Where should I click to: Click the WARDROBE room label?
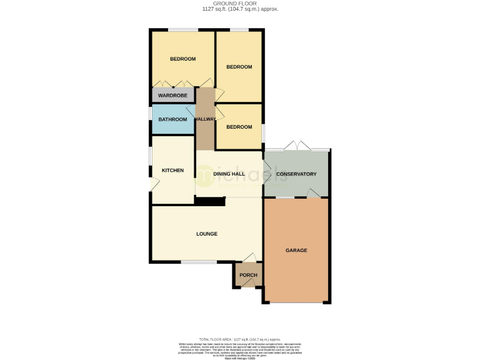(x=172, y=96)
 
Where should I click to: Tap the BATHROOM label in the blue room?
(x=172, y=119)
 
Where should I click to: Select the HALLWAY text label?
(x=205, y=119)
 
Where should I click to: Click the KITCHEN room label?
(x=172, y=171)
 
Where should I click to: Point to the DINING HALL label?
(x=229, y=174)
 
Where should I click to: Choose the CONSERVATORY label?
(x=296, y=174)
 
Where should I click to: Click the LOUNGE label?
(x=206, y=234)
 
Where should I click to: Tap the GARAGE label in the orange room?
(x=296, y=250)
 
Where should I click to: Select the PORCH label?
(x=248, y=275)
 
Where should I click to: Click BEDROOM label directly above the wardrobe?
(x=182, y=59)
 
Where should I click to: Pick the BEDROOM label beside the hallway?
(x=239, y=127)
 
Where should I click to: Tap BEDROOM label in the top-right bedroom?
(x=239, y=67)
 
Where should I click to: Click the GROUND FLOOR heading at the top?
(x=240, y=4)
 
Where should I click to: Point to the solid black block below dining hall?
(x=210, y=201)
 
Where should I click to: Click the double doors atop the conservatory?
(x=297, y=147)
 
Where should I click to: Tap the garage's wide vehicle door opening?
(x=296, y=302)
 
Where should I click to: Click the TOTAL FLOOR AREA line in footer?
(x=240, y=338)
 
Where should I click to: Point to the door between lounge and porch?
(x=249, y=258)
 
